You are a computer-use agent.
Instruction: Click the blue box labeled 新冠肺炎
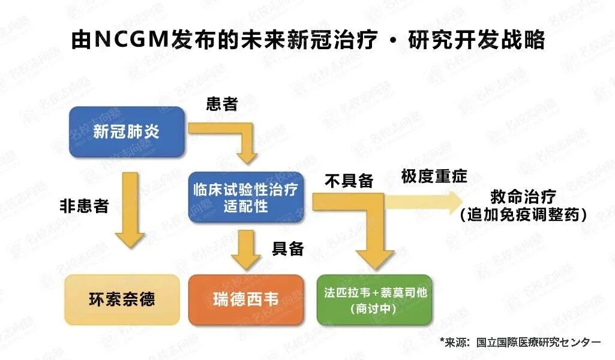127,132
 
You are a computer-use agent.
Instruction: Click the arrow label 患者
222,104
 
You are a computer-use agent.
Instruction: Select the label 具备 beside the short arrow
288,248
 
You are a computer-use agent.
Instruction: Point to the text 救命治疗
523,197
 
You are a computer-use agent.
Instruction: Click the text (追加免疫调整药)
523,214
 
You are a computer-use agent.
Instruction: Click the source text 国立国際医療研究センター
538,342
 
